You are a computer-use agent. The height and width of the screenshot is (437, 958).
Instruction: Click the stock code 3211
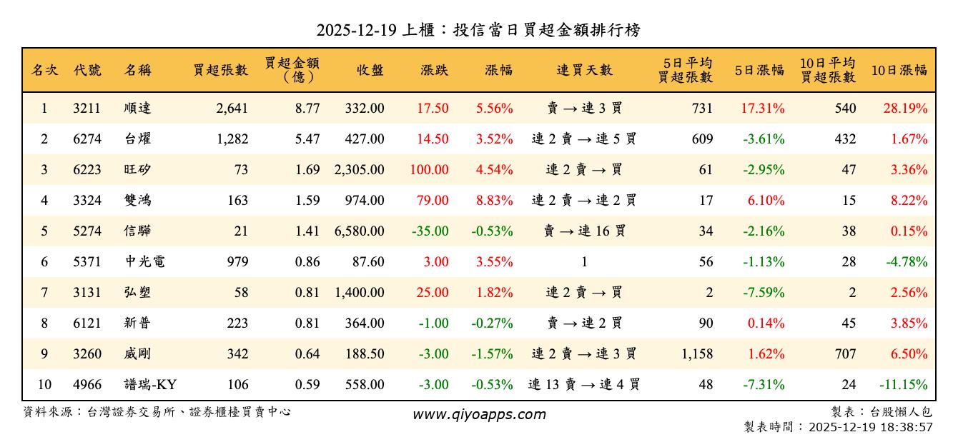tap(87, 109)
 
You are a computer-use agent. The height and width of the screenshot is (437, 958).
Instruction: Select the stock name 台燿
tap(137, 139)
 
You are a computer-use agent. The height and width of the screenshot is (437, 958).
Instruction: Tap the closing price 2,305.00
tap(359, 170)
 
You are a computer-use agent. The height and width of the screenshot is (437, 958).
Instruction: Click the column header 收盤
tap(370, 70)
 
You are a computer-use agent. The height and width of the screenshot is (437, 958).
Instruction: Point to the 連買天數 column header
tap(584, 70)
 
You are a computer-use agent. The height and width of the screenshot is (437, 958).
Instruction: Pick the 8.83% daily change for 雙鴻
tap(494, 201)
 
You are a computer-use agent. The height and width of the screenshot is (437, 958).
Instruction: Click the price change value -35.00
tap(430, 231)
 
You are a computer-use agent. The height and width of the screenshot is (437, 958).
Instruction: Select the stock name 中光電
tap(144, 262)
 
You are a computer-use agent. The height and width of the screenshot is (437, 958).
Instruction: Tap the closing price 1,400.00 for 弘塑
tap(359, 293)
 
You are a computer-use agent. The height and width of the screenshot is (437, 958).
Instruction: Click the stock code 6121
tap(87, 323)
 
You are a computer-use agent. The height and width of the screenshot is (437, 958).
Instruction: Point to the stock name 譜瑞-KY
tap(150, 385)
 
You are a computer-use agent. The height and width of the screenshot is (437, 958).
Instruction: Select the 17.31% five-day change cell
tap(762, 109)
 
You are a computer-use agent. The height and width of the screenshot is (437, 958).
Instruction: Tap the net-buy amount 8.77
tap(307, 109)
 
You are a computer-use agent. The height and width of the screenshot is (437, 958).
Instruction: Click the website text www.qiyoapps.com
tap(479, 414)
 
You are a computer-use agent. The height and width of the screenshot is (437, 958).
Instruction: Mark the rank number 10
tap(44, 385)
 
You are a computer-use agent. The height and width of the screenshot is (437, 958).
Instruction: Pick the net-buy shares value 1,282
tap(232, 139)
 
